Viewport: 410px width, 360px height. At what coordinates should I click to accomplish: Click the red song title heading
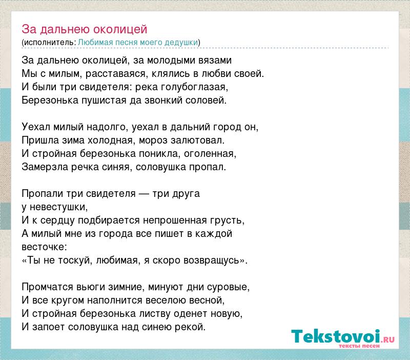coord(84,29)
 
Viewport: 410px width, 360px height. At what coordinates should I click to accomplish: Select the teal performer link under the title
coord(138,43)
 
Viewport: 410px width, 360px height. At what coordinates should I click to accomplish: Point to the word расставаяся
coord(116,74)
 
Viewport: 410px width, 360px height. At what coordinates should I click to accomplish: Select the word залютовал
coord(196,140)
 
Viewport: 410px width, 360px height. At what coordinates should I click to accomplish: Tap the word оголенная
coord(209,153)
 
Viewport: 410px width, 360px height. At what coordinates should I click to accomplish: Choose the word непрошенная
coord(175,221)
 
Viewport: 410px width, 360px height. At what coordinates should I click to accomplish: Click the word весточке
coord(43,247)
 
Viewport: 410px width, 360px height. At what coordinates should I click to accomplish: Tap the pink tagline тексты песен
coord(359,346)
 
